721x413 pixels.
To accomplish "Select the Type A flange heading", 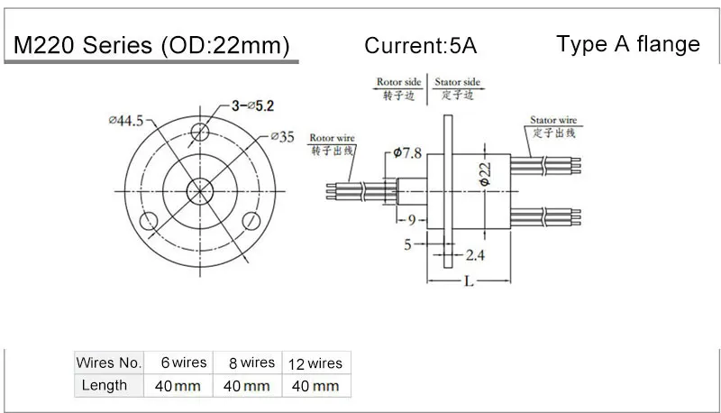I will pos(628,43).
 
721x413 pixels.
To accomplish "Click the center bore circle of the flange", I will pos(200,190).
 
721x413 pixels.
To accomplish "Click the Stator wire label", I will pos(552,118).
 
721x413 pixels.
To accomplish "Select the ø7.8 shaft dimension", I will pos(401,154).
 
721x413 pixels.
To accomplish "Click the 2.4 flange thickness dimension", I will pos(474,255).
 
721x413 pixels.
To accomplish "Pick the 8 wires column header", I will pos(246,363).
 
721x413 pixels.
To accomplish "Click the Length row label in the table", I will pos(105,385).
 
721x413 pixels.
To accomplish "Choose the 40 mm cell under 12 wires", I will pos(315,386).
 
